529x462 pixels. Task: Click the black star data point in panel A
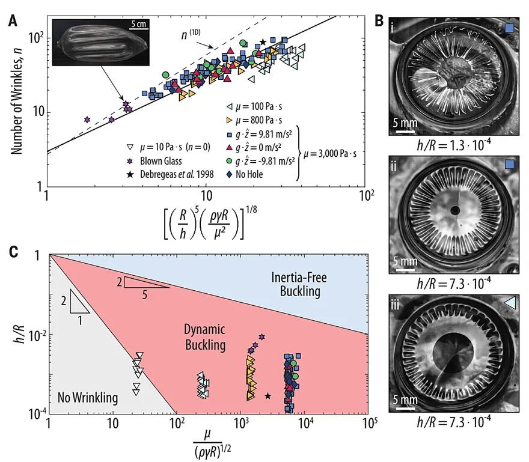(263, 42)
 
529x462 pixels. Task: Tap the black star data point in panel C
(268, 395)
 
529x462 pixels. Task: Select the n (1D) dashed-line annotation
(191, 35)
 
